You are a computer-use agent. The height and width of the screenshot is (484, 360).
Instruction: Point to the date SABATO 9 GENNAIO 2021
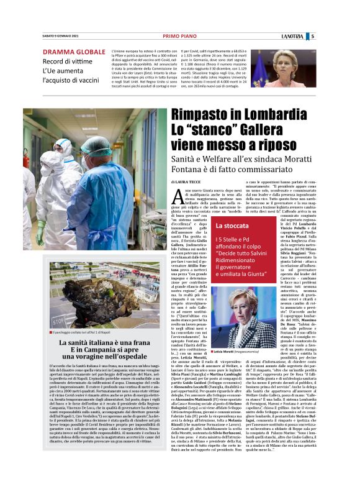(63, 37)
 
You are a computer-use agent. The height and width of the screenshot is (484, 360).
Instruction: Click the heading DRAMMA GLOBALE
(74, 52)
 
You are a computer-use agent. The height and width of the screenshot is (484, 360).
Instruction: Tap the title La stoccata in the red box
(249, 225)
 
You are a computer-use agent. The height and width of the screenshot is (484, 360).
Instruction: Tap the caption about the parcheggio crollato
(86, 332)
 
